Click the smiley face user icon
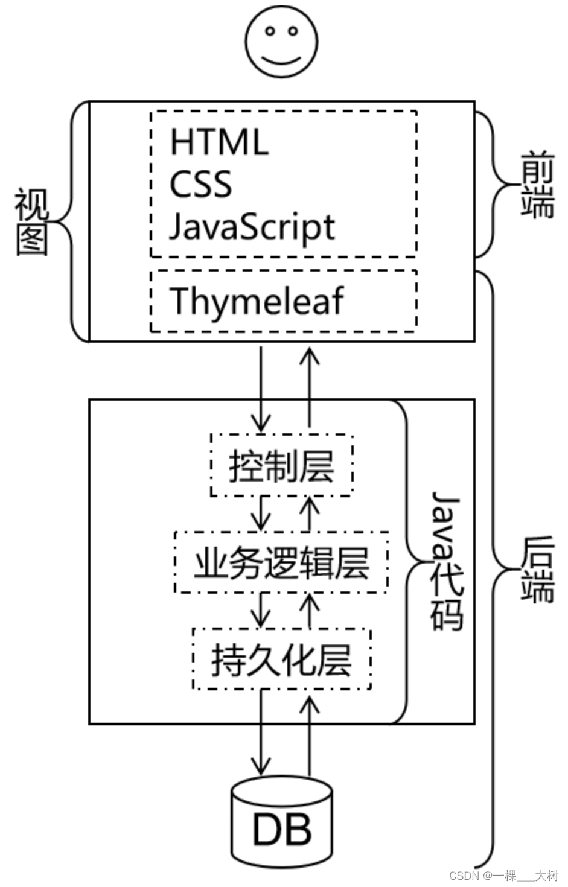pyautogui.click(x=281, y=44)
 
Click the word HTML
pyautogui.click(x=219, y=142)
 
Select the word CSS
pyautogui.click(x=200, y=184)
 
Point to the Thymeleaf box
pyautogui.click(x=283, y=300)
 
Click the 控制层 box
pyautogui.click(x=281, y=465)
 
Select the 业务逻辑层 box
pyautogui.click(x=281, y=562)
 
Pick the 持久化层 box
pyautogui.click(x=281, y=659)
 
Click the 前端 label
pyautogui.click(x=537, y=188)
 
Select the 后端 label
pyautogui.click(x=537, y=569)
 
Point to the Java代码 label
pyautogui.click(x=447, y=561)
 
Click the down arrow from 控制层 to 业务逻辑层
pyautogui.click(x=261, y=513)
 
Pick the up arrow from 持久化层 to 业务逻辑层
pyautogui.click(x=310, y=609)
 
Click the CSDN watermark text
pyautogui.click(x=504, y=875)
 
